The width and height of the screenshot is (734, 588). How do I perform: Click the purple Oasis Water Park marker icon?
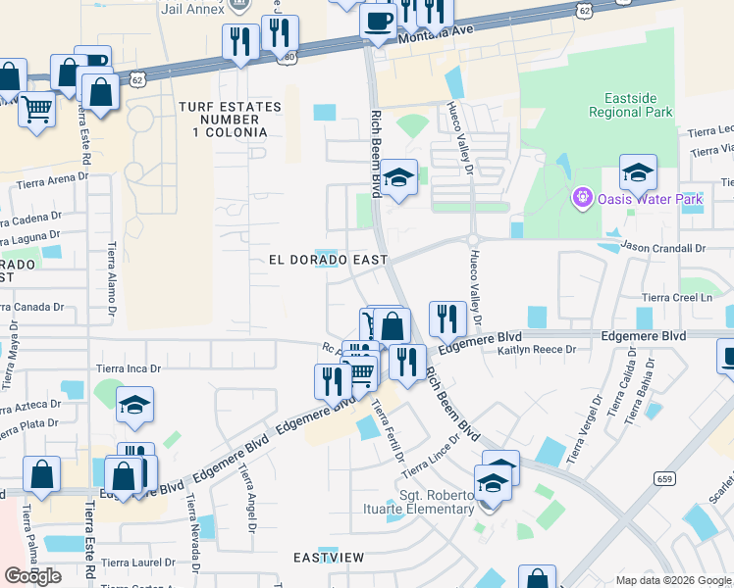[x=582, y=199]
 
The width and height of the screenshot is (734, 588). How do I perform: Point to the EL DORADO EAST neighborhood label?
[x=328, y=260]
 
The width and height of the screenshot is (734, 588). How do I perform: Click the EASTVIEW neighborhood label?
[x=329, y=558]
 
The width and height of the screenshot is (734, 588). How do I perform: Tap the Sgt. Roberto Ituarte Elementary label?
[x=436, y=502]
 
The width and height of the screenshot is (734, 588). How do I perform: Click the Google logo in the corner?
[x=32, y=575]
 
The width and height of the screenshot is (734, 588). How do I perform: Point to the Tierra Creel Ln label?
[x=674, y=297]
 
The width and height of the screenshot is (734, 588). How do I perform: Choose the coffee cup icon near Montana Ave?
[x=378, y=20]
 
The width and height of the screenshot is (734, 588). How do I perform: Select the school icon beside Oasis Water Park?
[x=638, y=172]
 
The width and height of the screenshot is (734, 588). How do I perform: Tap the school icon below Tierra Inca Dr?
[x=134, y=404]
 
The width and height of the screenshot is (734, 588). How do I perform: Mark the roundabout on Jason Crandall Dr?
[x=473, y=239]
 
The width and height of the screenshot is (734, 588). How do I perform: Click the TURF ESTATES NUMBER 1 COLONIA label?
[x=223, y=119]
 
